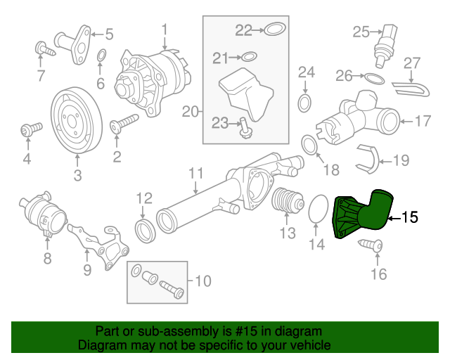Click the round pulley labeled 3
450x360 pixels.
point(76,119)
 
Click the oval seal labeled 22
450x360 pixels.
point(275,30)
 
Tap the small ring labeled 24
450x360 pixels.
point(305,104)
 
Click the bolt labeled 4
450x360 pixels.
point(28,130)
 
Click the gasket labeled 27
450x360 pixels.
point(410,88)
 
